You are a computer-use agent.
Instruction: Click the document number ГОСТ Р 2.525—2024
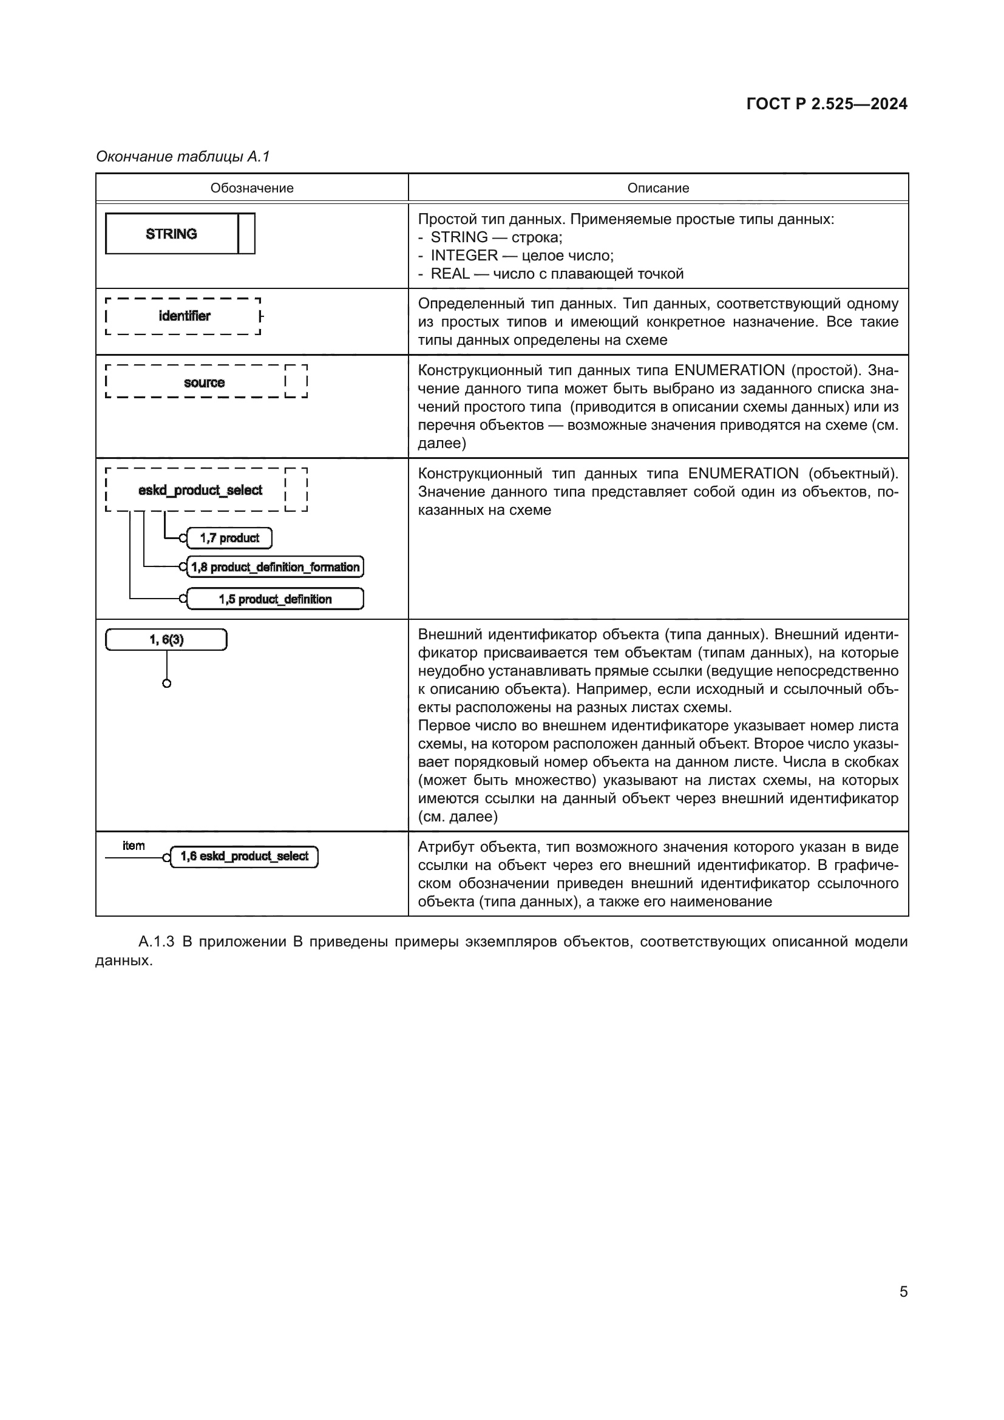pos(827,104)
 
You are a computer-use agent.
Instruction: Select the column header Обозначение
pos(252,188)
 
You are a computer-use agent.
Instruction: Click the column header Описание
pos(658,188)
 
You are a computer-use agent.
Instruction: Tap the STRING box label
pos(171,234)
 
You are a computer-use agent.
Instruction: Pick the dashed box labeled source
pos(203,382)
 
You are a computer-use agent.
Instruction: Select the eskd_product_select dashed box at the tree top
pos(200,491)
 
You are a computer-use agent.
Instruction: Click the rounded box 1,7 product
pos(229,538)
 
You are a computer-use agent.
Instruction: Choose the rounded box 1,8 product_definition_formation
pos(274,567)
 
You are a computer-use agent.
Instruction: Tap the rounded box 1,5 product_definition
pos(274,599)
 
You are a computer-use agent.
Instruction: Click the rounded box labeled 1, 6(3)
pos(166,639)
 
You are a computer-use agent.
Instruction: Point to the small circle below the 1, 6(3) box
pos(166,684)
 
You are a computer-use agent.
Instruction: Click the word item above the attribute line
pos(134,846)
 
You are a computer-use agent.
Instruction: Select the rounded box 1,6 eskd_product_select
pos(243,857)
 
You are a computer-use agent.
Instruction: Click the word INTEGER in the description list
pos(464,256)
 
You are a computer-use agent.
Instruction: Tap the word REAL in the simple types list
pos(449,274)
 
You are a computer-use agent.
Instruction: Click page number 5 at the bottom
pos(903,1291)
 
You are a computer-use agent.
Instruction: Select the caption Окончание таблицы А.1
pos(183,157)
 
